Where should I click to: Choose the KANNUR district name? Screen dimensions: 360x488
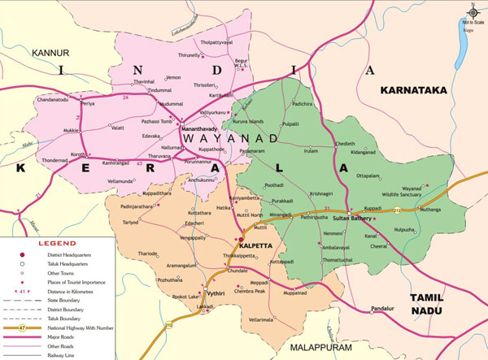click(x=48, y=53)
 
